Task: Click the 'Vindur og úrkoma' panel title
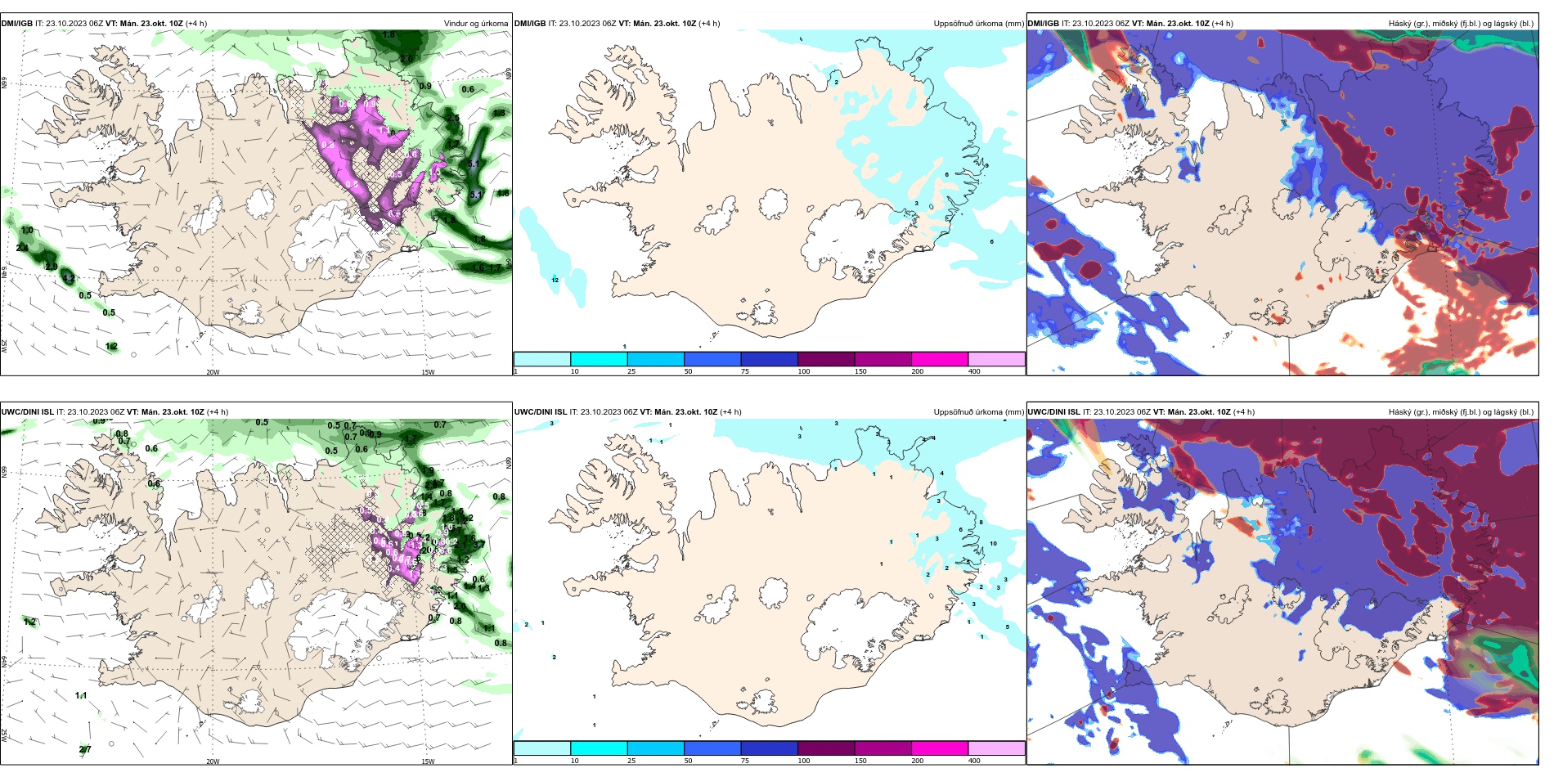[x=476, y=24]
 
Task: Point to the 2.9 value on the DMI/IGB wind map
[x=52, y=267]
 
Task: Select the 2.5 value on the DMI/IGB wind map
[x=452, y=119]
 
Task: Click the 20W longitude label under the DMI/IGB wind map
[x=213, y=372]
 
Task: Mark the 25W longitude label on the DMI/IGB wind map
[x=4, y=346]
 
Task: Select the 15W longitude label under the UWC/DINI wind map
[x=428, y=761]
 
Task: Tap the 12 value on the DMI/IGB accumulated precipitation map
[x=555, y=281]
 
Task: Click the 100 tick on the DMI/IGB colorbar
[x=804, y=371]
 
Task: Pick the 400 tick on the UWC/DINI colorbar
[x=974, y=761]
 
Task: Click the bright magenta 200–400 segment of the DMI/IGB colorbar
[x=940, y=359]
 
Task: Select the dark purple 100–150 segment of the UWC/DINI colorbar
[x=826, y=748]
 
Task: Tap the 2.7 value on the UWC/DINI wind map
[x=85, y=750]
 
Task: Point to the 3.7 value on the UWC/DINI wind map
[x=478, y=544]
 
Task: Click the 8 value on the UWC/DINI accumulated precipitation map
[x=981, y=523]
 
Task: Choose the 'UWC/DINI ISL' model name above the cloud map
[x=1054, y=412]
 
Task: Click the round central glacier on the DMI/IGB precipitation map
[x=773, y=203]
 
